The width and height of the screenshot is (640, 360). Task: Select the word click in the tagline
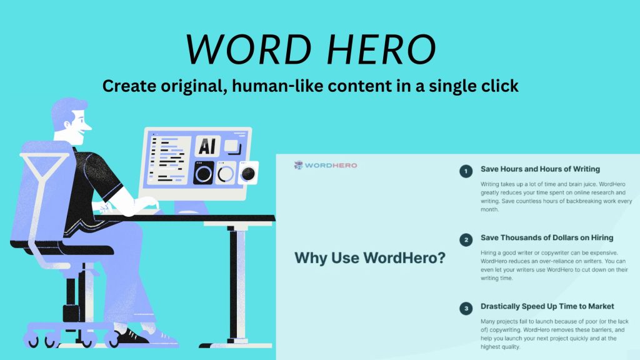496,86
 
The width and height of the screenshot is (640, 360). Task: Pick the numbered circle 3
466,308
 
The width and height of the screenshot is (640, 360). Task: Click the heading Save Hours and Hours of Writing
540,169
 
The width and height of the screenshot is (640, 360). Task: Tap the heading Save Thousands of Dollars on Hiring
546,237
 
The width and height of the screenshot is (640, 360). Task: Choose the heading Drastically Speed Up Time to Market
547,306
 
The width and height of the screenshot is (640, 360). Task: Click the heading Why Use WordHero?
369,258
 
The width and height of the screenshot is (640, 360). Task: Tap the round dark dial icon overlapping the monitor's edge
248,174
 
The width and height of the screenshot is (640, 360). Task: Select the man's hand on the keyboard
150,204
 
